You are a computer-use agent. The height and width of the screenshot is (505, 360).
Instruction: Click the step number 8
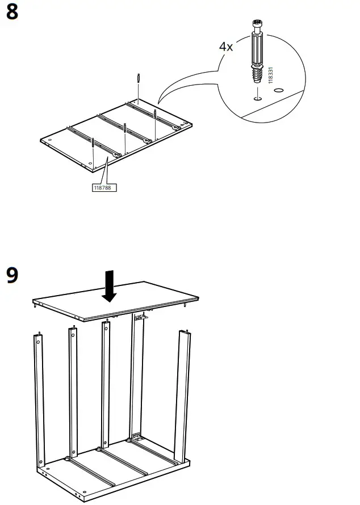(x=12, y=12)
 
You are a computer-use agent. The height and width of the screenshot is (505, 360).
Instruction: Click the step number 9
(x=12, y=276)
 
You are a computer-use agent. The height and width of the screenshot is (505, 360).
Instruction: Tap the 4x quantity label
(x=226, y=47)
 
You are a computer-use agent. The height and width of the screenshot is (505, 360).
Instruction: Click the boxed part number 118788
(x=104, y=186)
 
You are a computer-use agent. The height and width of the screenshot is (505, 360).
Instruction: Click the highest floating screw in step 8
(x=139, y=78)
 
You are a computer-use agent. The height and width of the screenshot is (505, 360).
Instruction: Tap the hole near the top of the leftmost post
(x=39, y=342)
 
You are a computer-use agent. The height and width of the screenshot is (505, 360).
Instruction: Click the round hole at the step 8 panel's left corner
(x=49, y=140)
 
